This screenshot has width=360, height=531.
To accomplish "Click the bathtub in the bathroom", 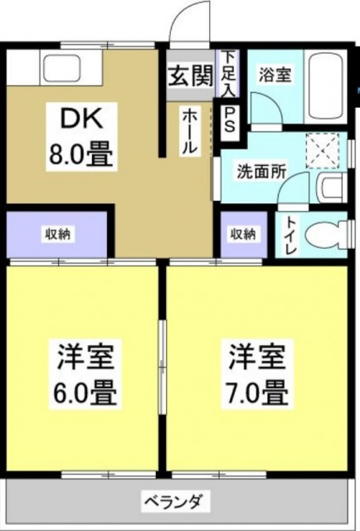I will pos(325,86).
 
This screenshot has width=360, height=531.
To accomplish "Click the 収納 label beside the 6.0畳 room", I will pos(56,234).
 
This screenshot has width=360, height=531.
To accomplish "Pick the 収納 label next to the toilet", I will pos(244,234).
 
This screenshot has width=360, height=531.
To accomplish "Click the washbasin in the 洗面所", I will pos(330,187).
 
